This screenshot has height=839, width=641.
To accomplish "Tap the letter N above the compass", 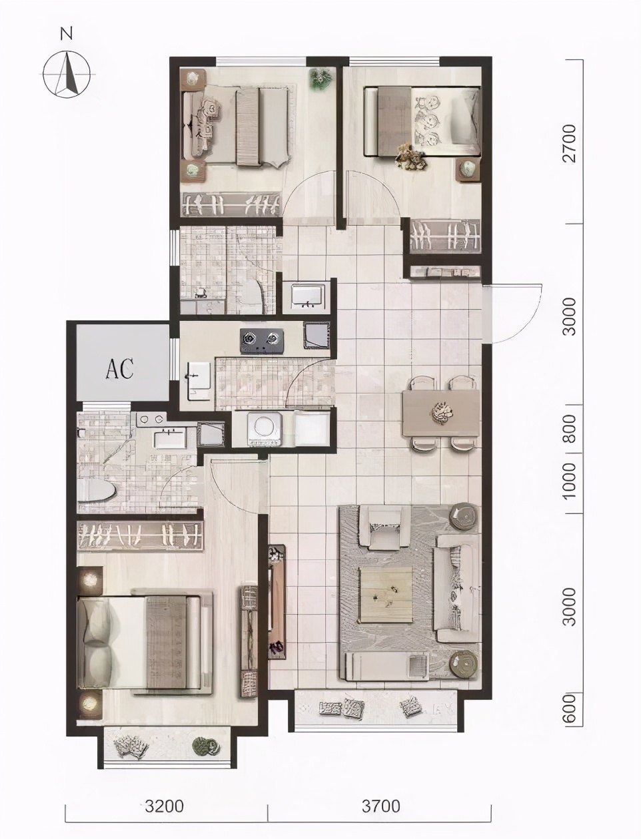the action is pyautogui.click(x=67, y=35).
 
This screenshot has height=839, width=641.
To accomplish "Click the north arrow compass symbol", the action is pyautogui.click(x=67, y=74).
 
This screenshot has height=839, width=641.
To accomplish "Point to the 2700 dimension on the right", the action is pyautogui.click(x=570, y=143).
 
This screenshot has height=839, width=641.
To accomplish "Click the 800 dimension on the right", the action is pyautogui.click(x=570, y=429).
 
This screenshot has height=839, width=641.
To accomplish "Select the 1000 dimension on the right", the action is pyautogui.click(x=570, y=481).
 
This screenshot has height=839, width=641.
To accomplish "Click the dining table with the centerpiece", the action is pyautogui.click(x=441, y=413).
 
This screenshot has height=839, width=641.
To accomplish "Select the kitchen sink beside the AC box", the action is pyautogui.click(x=199, y=381).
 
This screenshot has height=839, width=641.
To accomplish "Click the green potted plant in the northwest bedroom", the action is pyautogui.click(x=321, y=79).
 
